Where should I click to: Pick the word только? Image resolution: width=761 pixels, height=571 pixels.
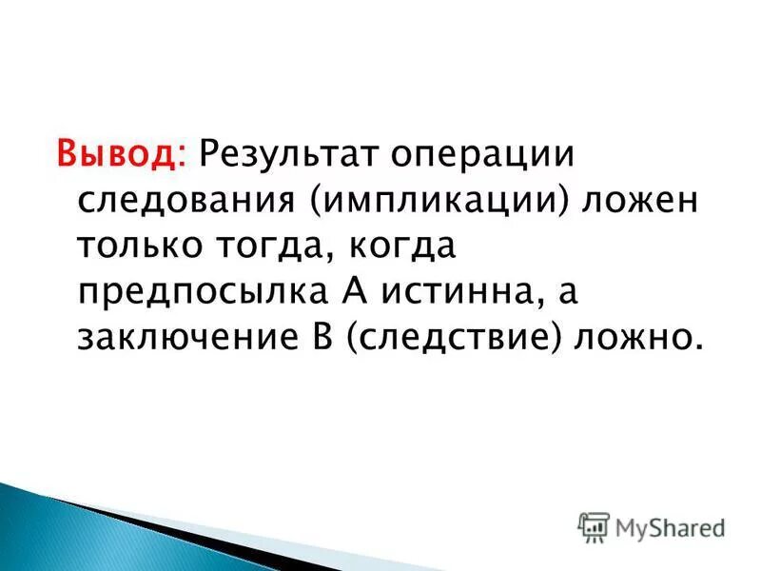click(x=138, y=248)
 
